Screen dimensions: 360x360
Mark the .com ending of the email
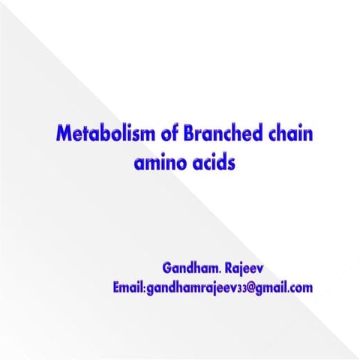coord(298,286)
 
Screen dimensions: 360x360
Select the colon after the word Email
coord(143,288)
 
